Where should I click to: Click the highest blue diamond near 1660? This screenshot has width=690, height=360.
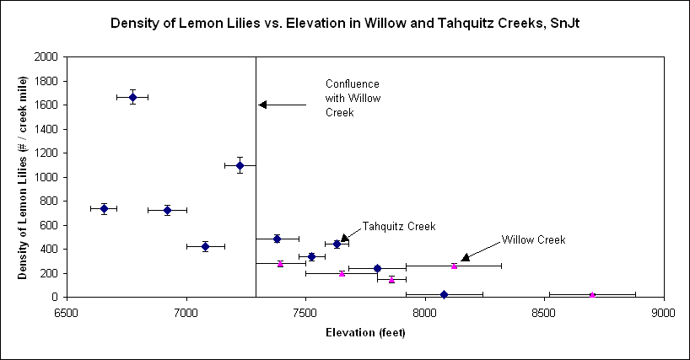tap(132, 97)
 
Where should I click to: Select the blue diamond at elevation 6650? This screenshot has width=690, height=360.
tap(104, 208)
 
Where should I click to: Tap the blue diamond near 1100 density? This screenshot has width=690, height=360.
tap(240, 165)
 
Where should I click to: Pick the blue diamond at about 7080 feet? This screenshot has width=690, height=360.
tap(205, 246)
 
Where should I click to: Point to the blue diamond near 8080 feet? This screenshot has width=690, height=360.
tap(444, 294)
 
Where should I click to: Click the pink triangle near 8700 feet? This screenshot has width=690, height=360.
tap(592, 294)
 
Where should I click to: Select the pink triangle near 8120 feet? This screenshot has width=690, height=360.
tap(454, 266)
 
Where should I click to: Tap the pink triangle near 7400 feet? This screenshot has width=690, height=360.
tap(280, 263)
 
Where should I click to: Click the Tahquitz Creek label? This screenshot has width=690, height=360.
tap(398, 226)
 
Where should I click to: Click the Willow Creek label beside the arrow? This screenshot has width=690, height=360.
tap(533, 239)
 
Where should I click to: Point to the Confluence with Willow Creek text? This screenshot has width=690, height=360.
tap(353, 98)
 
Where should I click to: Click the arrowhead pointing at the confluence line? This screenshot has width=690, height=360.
tap(262, 105)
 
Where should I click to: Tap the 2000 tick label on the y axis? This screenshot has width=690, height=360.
tap(48, 57)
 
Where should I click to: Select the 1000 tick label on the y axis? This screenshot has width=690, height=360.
tap(48, 177)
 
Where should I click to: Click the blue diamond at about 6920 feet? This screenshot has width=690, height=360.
tap(167, 210)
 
